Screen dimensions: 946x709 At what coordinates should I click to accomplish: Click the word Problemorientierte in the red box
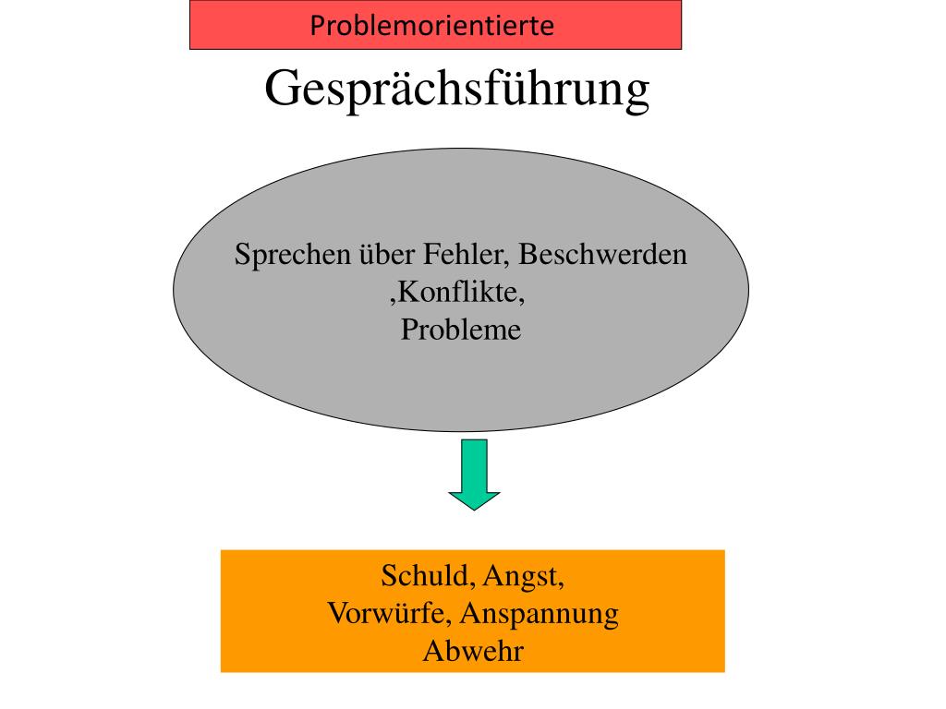coord(431,25)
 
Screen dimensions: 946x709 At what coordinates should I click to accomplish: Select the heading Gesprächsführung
coord(457,90)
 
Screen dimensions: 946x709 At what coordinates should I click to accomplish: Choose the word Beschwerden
coord(610,255)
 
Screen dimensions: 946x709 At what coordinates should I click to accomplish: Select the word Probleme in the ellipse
coord(461,330)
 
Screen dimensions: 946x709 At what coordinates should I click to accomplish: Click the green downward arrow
coord(474,475)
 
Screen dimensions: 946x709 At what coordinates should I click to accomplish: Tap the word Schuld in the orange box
coord(426,577)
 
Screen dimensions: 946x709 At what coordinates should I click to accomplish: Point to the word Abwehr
coord(473,651)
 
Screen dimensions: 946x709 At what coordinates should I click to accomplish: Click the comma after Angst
coord(562,584)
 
